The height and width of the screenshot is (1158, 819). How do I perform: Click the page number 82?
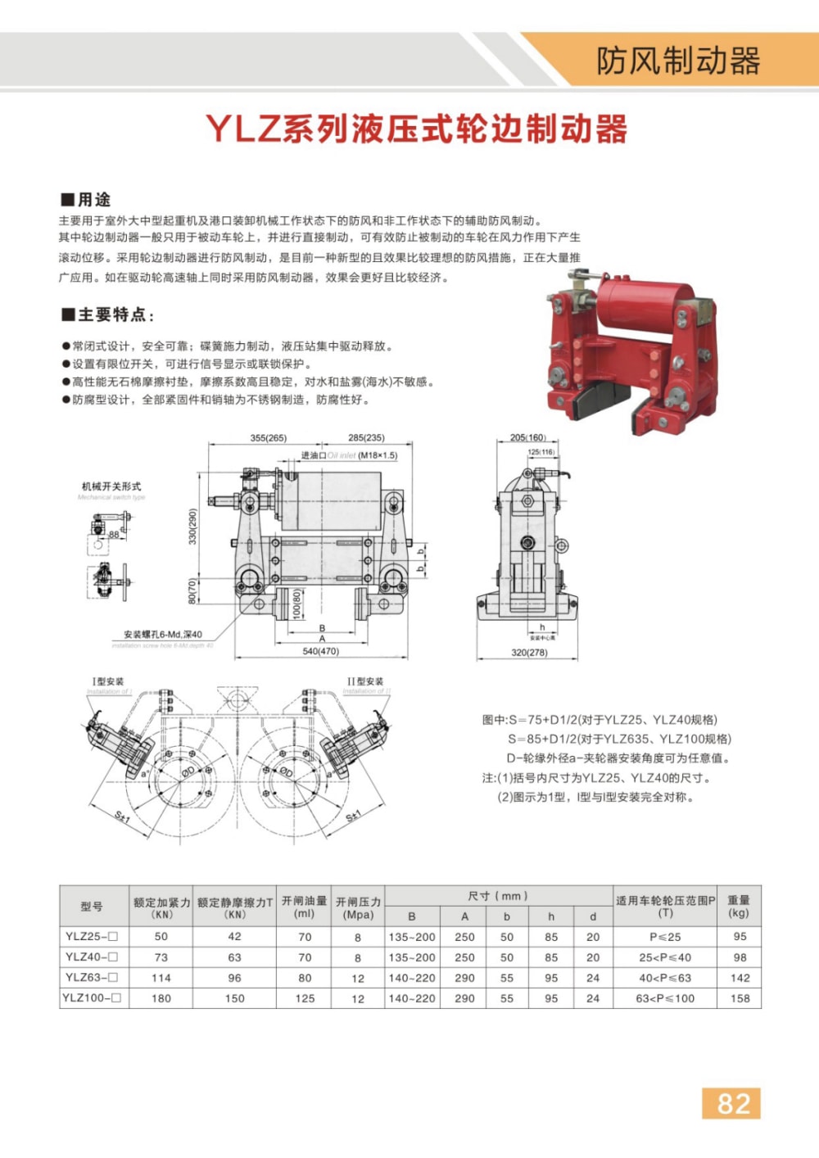(x=731, y=1103)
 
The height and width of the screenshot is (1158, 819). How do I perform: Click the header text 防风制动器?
(x=678, y=61)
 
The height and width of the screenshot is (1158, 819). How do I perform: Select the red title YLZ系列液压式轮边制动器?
(x=416, y=129)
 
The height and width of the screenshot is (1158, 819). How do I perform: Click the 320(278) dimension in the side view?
(x=529, y=653)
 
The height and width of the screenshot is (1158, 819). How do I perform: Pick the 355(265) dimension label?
(x=269, y=438)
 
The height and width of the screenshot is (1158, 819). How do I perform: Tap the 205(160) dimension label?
(x=527, y=437)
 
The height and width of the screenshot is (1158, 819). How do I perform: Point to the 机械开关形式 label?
(x=111, y=486)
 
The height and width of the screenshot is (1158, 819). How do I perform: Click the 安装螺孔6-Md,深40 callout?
(x=163, y=635)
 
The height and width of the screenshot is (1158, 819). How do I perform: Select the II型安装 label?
(x=365, y=681)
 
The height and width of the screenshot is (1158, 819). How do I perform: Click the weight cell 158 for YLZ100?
(x=740, y=998)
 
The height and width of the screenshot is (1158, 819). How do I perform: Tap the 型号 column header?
(x=92, y=907)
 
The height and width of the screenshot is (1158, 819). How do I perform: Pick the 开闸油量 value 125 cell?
(x=305, y=998)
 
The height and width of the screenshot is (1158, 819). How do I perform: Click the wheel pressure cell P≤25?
(x=664, y=937)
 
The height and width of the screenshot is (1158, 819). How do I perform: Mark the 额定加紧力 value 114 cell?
(x=161, y=978)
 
